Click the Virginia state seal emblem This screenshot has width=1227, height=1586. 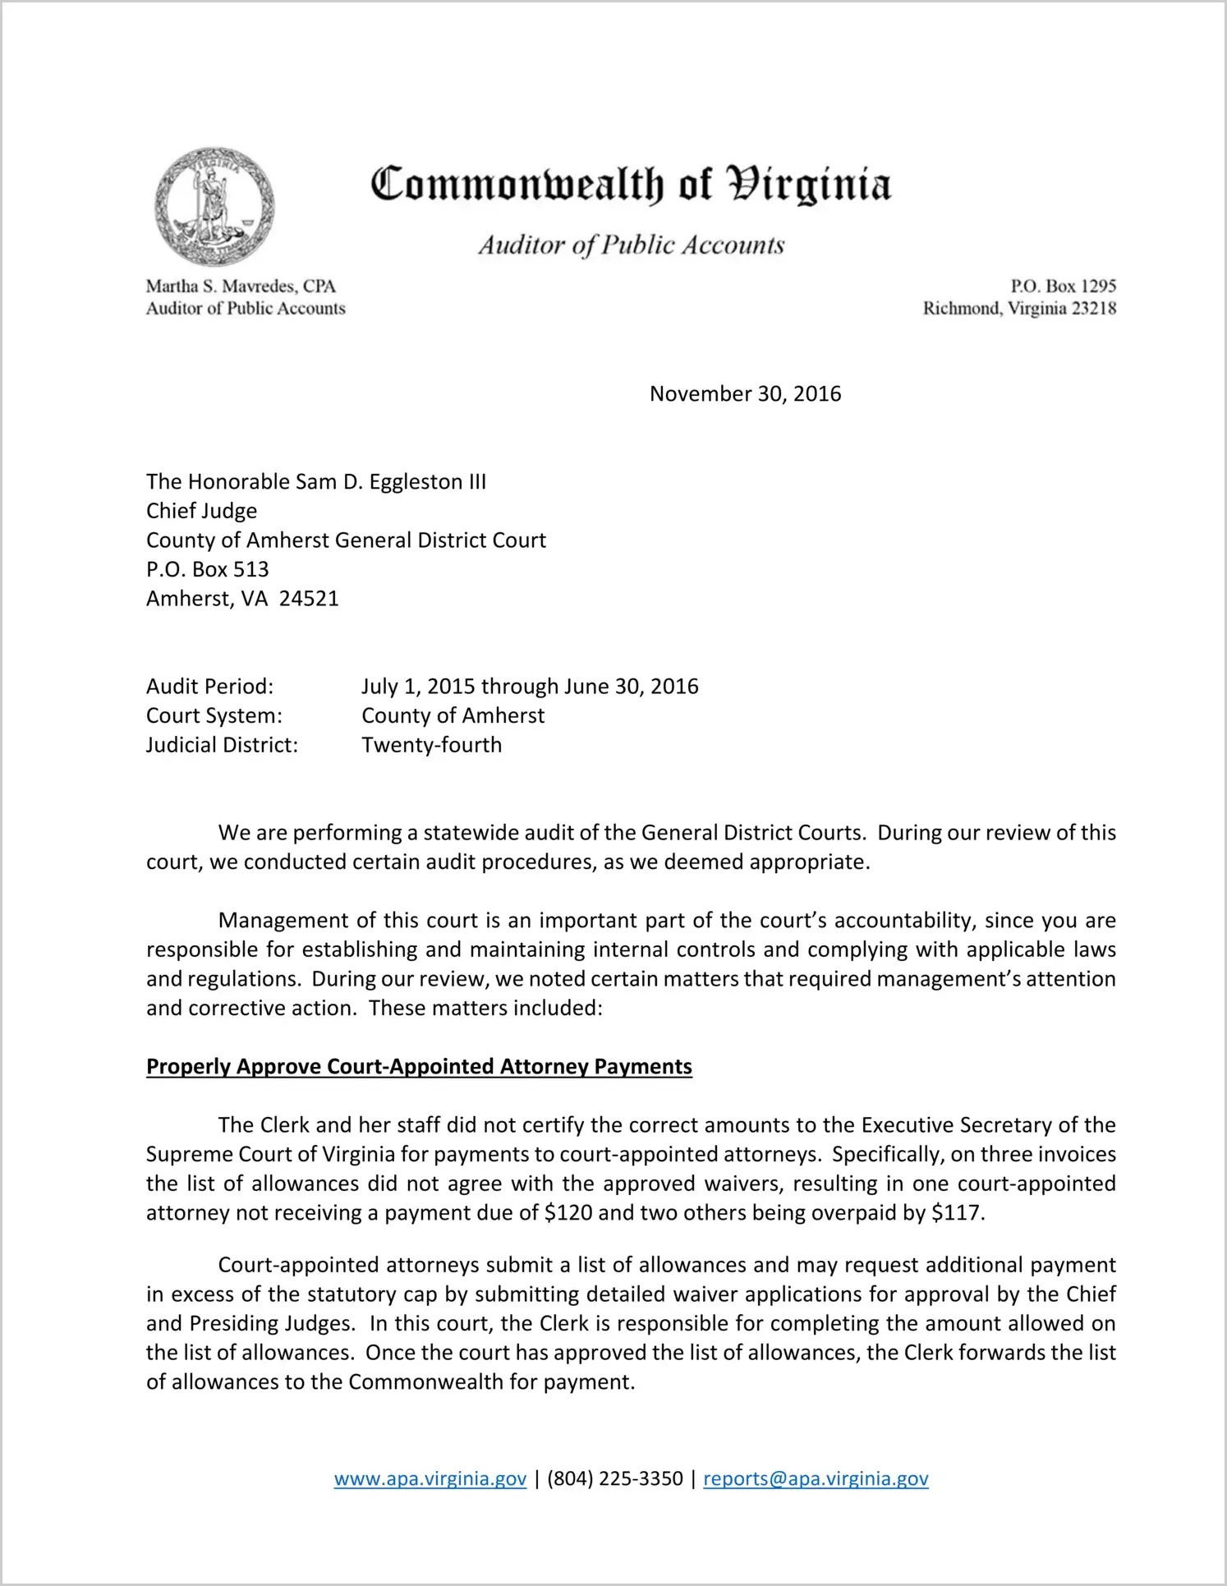[x=214, y=206]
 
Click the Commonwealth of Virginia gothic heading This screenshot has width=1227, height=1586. [x=631, y=184]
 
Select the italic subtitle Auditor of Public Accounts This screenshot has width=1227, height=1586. [x=632, y=245]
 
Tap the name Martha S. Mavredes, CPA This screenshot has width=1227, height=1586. [x=241, y=286]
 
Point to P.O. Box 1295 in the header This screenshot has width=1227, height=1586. [x=1063, y=286]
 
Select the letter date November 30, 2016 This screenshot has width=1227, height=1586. [x=745, y=394]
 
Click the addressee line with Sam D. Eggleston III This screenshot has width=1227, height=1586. [x=316, y=482]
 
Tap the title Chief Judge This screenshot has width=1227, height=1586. [x=201, y=511]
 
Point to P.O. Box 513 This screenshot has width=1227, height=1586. [x=207, y=569]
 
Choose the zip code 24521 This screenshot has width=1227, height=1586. [x=309, y=599]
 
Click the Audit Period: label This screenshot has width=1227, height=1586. [x=209, y=687]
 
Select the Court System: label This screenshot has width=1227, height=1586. [x=214, y=716]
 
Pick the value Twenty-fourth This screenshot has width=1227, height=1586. [x=431, y=745]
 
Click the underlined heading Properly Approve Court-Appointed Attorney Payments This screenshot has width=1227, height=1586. [x=419, y=1067]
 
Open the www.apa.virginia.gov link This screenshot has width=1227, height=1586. [x=430, y=1479]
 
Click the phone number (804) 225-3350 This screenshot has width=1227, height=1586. [x=614, y=1479]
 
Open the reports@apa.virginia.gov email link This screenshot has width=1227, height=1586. [x=816, y=1479]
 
